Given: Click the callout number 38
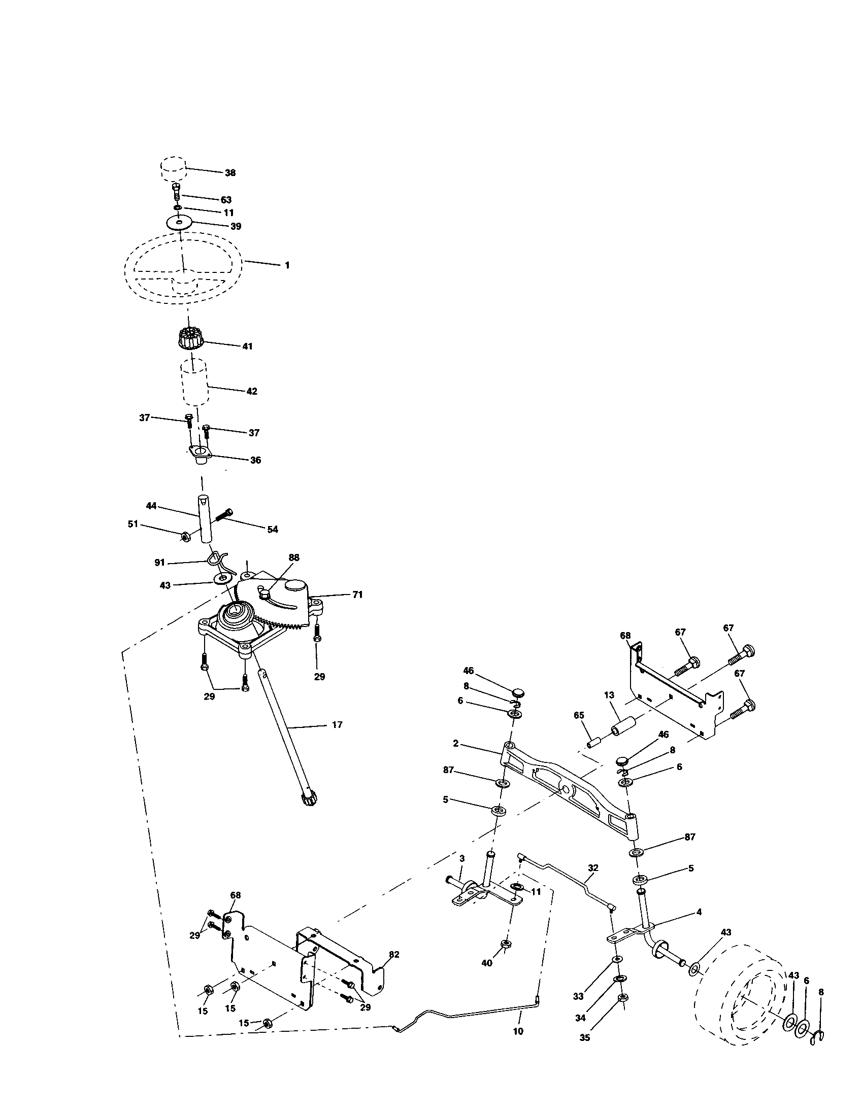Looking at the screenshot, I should tap(230, 172).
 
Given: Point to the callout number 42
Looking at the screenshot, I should tap(252, 392).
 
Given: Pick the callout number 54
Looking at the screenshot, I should tap(273, 530).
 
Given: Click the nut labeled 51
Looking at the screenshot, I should tap(186, 536).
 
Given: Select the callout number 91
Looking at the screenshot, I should tap(159, 563).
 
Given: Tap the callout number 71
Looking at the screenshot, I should tap(357, 595).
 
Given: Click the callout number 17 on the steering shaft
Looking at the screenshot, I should tap(337, 724).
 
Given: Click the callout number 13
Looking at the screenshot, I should tap(609, 695).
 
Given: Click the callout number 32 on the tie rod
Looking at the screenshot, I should tap(592, 867).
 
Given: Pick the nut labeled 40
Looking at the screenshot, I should tap(506, 944).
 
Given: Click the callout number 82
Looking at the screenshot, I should tap(393, 955).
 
